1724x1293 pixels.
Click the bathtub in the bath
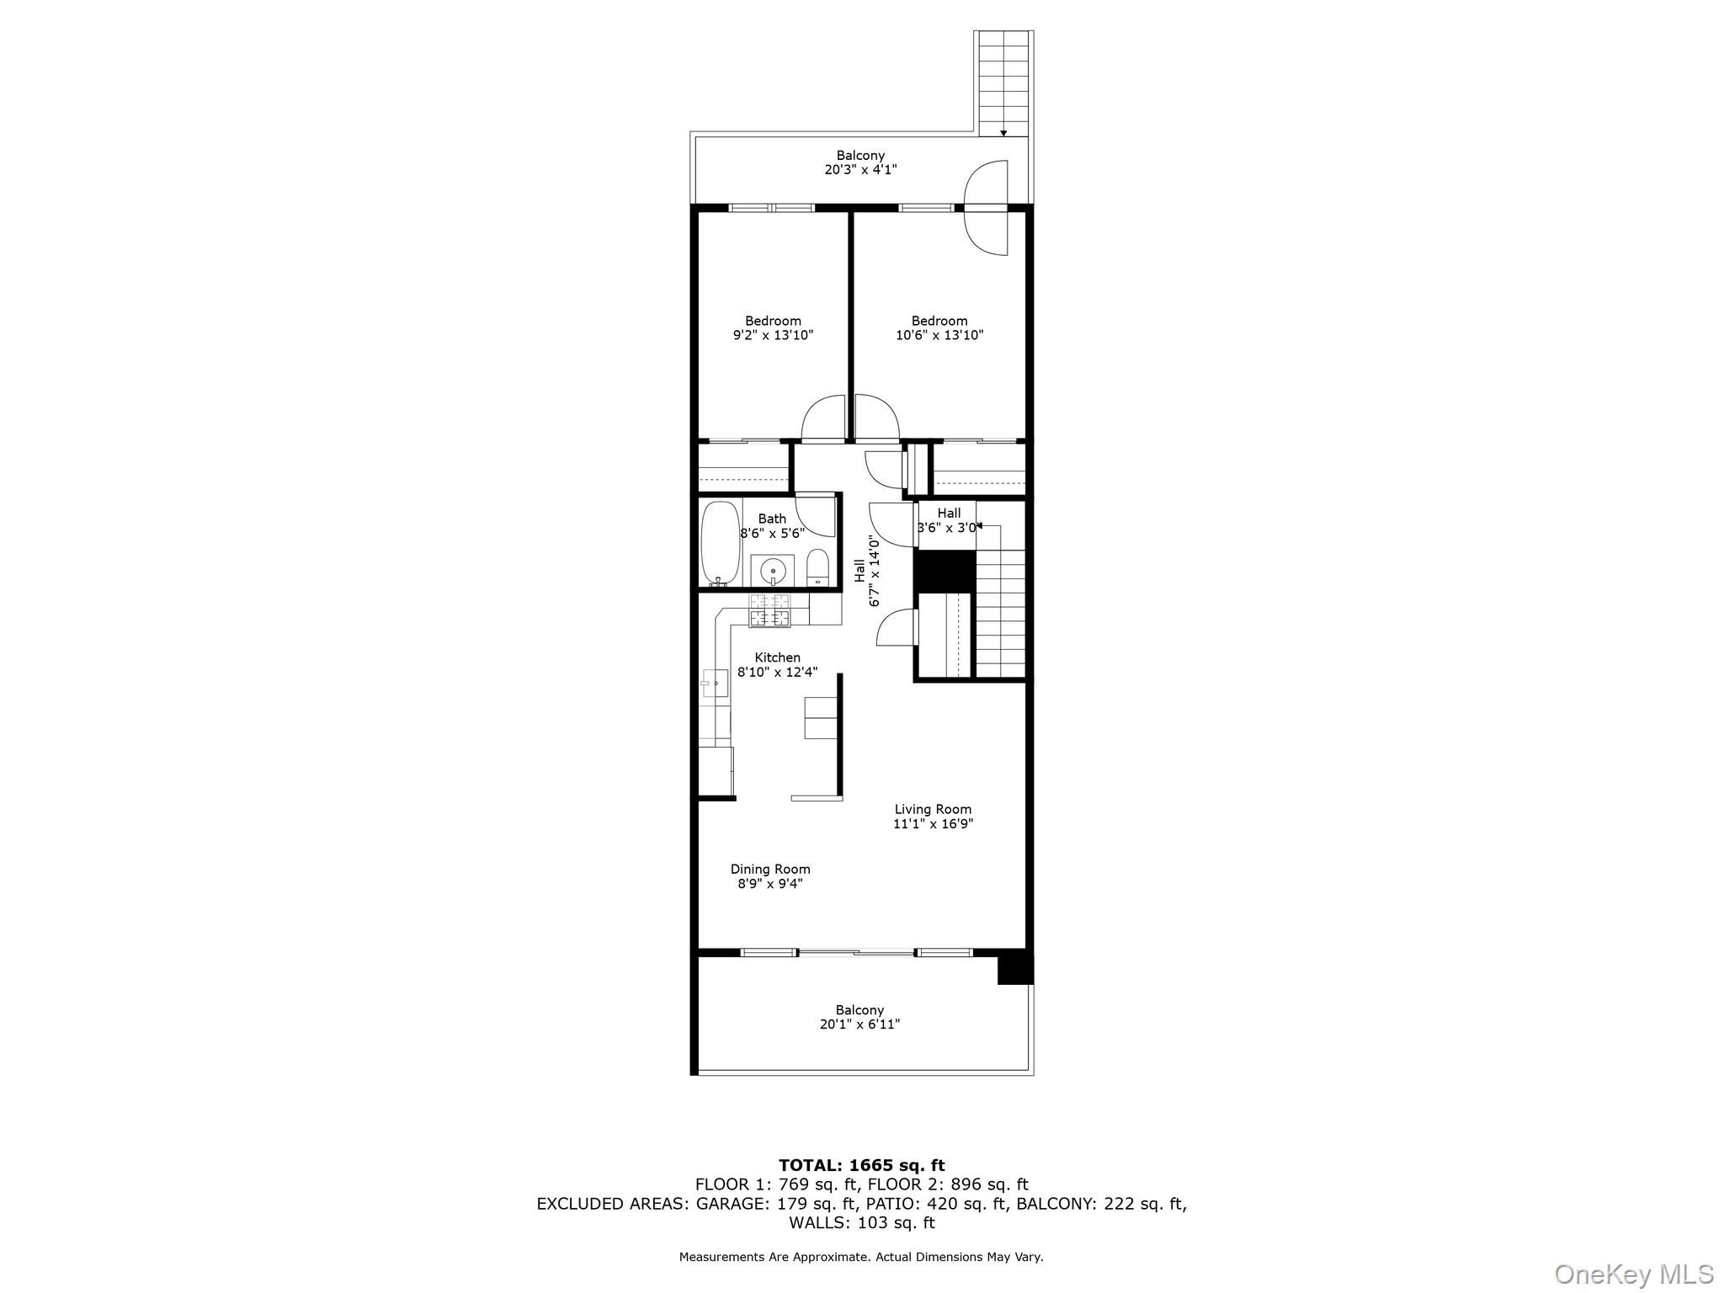721,543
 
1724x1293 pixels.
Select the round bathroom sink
773,571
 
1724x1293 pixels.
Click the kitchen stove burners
770,610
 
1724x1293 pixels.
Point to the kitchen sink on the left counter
715,683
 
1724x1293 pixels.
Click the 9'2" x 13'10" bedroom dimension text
773,335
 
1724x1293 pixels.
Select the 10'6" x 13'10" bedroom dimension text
939,335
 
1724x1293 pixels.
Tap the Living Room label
933,809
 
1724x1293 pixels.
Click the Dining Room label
770,869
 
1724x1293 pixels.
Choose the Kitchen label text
777,657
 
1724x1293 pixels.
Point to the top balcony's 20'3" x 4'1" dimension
860,169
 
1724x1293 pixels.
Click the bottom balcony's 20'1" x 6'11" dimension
860,1024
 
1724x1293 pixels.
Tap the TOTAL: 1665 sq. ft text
861,1165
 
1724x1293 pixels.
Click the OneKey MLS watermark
1634,1274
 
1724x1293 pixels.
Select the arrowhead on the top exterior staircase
1003,133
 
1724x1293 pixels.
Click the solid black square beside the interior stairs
944,571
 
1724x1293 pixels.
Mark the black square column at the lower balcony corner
1015,968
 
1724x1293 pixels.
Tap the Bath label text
772,519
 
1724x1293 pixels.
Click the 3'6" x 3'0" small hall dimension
947,528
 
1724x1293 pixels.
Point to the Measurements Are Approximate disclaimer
861,1257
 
